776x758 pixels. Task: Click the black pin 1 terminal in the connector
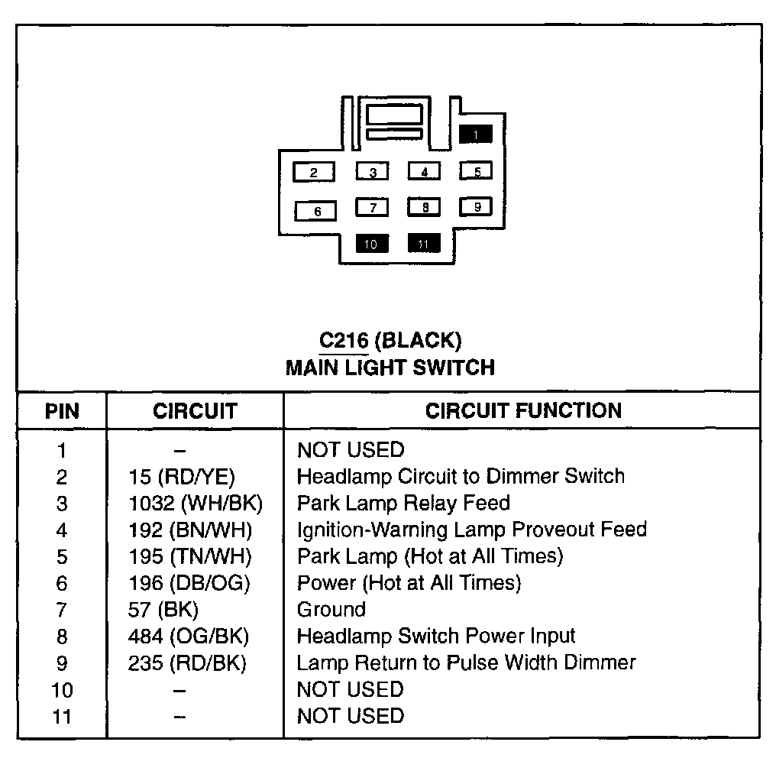pyautogui.click(x=475, y=135)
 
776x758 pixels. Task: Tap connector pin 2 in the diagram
pyautogui.click(x=314, y=173)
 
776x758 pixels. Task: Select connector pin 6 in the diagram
pyautogui.click(x=318, y=210)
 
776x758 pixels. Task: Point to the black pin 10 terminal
pyautogui.click(x=372, y=244)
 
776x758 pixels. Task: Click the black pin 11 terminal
pyautogui.click(x=424, y=244)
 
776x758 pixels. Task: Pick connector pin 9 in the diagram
pyautogui.click(x=477, y=206)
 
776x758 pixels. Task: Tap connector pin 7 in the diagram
pyautogui.click(x=373, y=207)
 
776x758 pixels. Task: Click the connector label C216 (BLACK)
pyautogui.click(x=390, y=340)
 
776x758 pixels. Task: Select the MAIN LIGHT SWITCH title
pyautogui.click(x=390, y=368)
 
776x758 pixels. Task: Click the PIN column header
pyautogui.click(x=62, y=411)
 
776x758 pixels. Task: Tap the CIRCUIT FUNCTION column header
pyautogui.click(x=523, y=410)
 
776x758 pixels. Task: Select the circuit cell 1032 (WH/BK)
pyautogui.click(x=196, y=504)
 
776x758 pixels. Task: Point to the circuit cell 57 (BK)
pyautogui.click(x=163, y=610)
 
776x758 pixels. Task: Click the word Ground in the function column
pyautogui.click(x=331, y=610)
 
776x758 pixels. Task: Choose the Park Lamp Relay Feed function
pyautogui.click(x=403, y=504)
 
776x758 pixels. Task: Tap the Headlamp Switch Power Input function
pyautogui.click(x=436, y=636)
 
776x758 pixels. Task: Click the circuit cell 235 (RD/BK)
pyautogui.click(x=188, y=662)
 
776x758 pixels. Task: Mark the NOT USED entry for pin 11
pyautogui.click(x=351, y=716)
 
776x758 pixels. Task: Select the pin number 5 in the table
pyautogui.click(x=62, y=557)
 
